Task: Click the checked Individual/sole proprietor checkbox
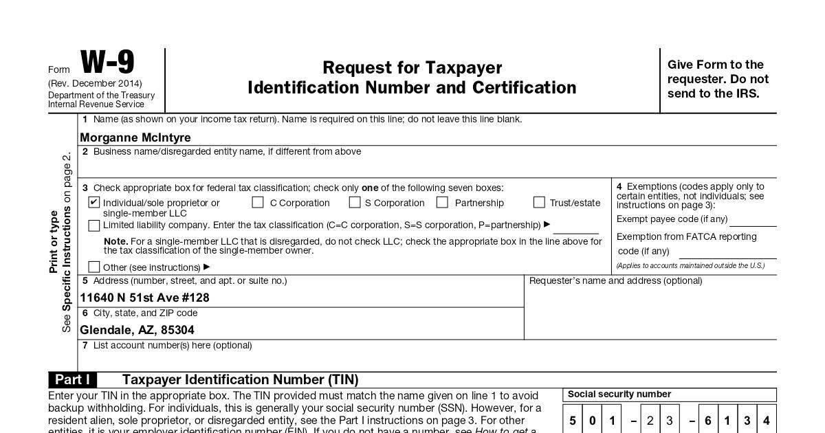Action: tap(94, 203)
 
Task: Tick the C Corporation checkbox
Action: tap(258, 203)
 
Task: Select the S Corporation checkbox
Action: tap(355, 203)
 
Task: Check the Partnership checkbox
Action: tap(442, 203)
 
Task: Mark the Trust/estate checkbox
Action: tap(539, 203)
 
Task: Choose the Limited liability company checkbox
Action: tap(94, 225)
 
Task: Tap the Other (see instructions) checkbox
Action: tap(94, 267)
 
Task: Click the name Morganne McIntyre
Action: tap(135, 137)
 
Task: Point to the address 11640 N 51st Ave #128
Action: tap(144, 298)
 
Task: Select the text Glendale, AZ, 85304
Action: tap(137, 330)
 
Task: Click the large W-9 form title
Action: tap(107, 63)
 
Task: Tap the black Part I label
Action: tap(72, 380)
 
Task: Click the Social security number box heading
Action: tap(619, 395)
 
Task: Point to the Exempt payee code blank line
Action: tap(753, 223)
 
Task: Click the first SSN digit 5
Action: tap(573, 420)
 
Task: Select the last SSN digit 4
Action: tap(766, 420)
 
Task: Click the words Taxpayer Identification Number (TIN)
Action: tap(240, 380)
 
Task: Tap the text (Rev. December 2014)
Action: tap(95, 84)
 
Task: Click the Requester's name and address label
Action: tap(615, 281)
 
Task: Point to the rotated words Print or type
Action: tap(54, 242)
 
